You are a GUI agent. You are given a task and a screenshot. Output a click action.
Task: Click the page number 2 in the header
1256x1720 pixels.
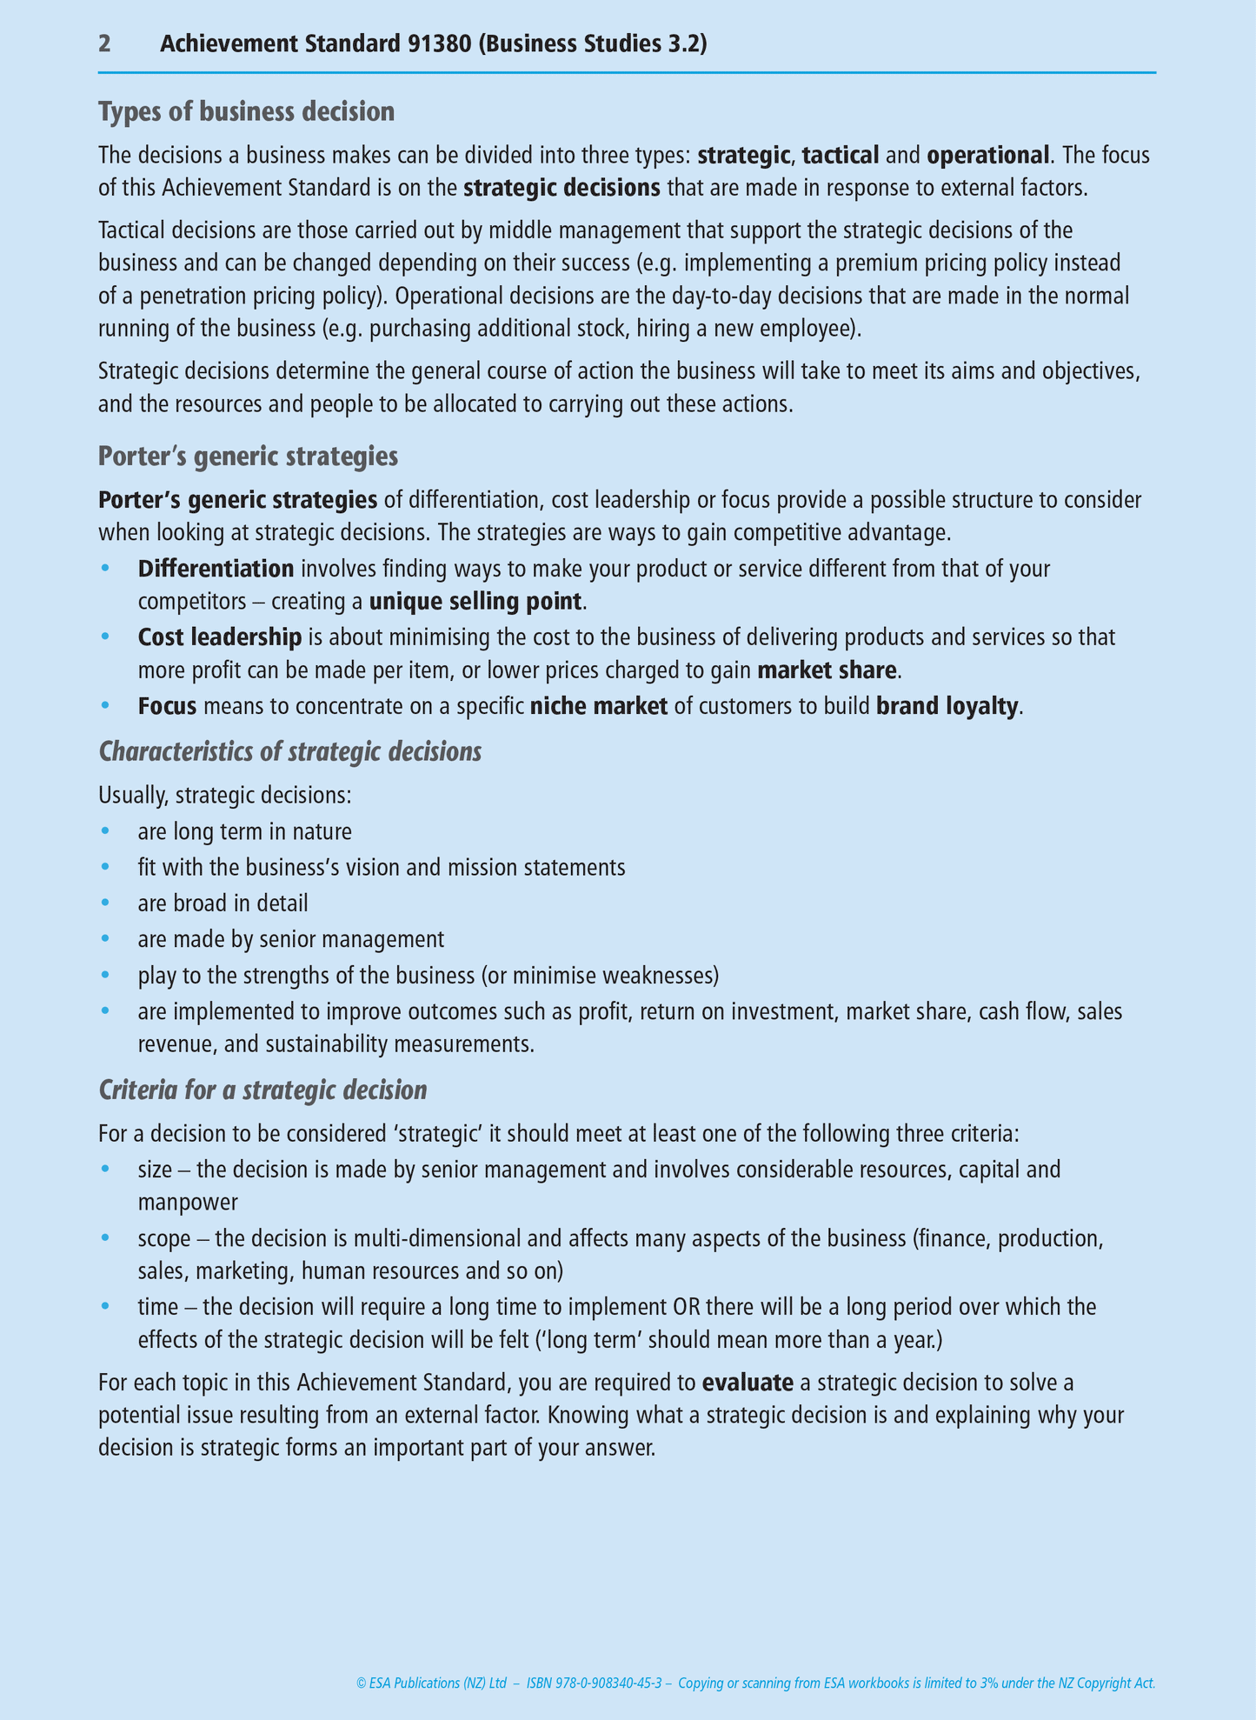click(104, 44)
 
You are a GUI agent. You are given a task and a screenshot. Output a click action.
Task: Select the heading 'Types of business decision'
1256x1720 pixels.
click(246, 112)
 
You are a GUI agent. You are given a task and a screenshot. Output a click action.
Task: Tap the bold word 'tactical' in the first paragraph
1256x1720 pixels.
click(841, 156)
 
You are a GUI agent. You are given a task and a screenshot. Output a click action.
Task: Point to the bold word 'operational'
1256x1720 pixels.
click(988, 156)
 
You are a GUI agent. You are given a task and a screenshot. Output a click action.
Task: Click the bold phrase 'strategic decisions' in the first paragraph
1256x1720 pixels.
click(562, 189)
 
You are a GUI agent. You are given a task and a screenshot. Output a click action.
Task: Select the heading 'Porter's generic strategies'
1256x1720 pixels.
click(249, 457)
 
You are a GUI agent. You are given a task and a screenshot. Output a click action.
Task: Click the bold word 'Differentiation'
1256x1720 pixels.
click(216, 570)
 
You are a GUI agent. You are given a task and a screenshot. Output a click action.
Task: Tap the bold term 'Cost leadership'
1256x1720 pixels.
click(220, 637)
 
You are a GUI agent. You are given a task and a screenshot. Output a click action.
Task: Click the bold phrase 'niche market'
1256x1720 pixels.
click(599, 706)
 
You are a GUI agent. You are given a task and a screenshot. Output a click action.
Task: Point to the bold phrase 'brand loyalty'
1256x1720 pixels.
click(947, 706)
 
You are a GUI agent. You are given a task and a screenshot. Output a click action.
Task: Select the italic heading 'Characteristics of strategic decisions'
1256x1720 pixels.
click(290, 751)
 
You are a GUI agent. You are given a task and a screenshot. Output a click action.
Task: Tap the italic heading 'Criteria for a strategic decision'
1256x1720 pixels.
click(262, 1090)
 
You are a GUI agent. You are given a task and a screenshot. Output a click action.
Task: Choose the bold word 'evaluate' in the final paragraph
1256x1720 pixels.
click(748, 1383)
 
